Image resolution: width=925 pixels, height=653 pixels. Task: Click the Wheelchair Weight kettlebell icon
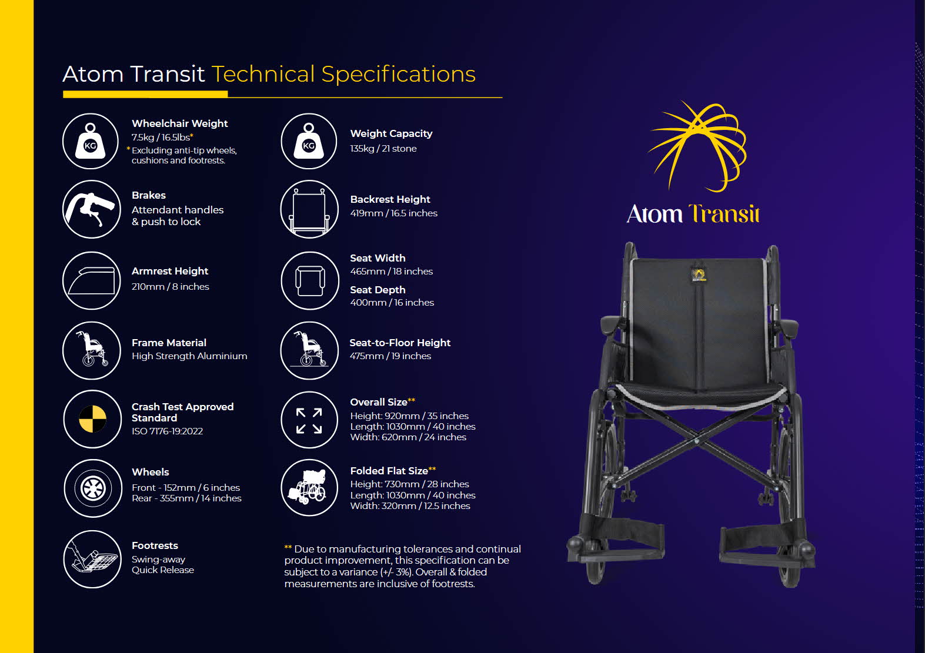(91, 141)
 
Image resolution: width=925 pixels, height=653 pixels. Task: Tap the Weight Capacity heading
(391, 133)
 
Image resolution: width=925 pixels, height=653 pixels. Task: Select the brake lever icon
(91, 209)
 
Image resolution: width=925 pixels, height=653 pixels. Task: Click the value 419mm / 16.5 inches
(393, 213)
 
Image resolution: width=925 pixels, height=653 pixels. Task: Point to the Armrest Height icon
(91, 280)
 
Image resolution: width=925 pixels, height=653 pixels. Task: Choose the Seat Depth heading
(378, 290)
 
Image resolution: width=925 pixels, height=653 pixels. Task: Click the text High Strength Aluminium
(189, 356)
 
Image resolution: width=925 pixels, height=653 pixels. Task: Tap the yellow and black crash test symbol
(92, 419)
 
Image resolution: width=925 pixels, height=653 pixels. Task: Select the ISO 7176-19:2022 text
(167, 431)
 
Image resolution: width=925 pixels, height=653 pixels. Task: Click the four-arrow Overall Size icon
(309, 420)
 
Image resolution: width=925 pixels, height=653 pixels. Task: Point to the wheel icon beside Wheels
(92, 488)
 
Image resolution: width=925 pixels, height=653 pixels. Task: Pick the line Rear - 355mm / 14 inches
(186, 498)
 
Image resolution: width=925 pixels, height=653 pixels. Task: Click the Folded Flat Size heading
(389, 471)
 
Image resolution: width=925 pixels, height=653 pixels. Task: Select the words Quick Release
(163, 570)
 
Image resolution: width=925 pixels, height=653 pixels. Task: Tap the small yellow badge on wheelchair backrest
(699, 275)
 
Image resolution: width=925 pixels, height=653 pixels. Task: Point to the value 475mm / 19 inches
(390, 356)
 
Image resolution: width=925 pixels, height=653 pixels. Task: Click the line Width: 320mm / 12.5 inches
(410, 505)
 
